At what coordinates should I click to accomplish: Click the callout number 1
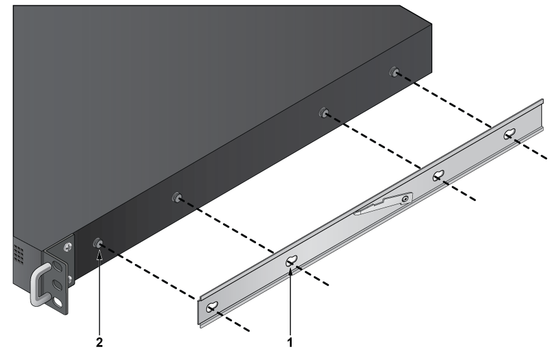pyautogui.click(x=290, y=342)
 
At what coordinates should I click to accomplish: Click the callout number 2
pyautogui.click(x=99, y=342)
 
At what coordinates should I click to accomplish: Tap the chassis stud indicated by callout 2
pyautogui.click(x=97, y=243)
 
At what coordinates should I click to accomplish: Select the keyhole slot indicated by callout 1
pyautogui.click(x=292, y=261)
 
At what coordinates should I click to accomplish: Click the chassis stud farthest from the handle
pyautogui.click(x=394, y=71)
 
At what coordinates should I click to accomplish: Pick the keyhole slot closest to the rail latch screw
pyautogui.click(x=439, y=176)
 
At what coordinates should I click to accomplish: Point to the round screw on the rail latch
pyautogui.click(x=404, y=198)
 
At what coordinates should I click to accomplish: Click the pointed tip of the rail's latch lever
pyautogui.click(x=355, y=214)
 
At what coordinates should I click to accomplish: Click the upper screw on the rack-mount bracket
pyautogui.click(x=67, y=246)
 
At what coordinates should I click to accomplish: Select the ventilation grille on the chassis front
pyautogui.click(x=19, y=254)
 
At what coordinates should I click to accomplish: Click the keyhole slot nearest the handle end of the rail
pyautogui.click(x=212, y=306)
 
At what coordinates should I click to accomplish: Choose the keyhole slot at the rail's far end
pyautogui.click(x=509, y=134)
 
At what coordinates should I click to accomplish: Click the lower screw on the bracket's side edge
pyautogui.click(x=69, y=278)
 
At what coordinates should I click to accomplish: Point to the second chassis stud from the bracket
pyautogui.click(x=176, y=197)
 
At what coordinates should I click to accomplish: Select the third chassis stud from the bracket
pyautogui.click(x=323, y=112)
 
